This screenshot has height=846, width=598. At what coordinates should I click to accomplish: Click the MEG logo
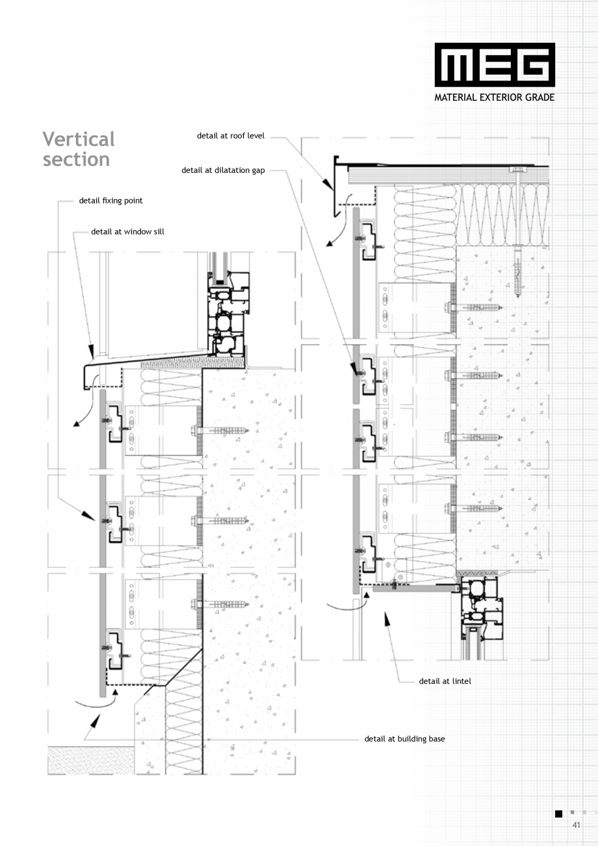coord(495,65)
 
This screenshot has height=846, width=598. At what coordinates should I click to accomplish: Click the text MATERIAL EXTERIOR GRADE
coord(495,98)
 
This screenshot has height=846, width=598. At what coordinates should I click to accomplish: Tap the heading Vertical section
coord(78,149)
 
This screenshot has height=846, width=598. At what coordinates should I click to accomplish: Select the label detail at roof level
coord(231,136)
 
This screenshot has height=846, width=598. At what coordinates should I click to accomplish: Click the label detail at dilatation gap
coord(223,170)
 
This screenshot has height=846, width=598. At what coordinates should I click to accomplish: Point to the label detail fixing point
coord(110,200)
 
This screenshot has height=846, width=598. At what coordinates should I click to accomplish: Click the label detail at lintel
coord(445,681)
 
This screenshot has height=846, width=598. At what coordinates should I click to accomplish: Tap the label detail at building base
coord(404,739)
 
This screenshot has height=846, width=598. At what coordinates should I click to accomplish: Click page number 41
coord(576,825)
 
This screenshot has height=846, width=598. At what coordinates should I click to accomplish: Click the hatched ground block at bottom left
coord(91,760)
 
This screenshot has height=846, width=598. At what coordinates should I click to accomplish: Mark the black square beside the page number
coord(558,813)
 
